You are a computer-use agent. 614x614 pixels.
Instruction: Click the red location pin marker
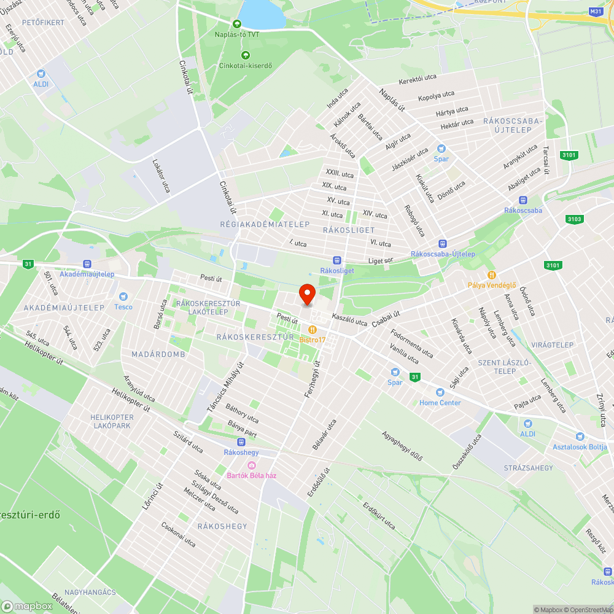(306, 294)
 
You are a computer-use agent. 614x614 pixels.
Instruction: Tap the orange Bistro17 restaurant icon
(313, 329)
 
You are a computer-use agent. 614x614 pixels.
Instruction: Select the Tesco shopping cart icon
(123, 296)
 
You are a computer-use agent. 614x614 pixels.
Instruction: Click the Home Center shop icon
(440, 392)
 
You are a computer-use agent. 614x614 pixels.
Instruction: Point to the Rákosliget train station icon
(336, 260)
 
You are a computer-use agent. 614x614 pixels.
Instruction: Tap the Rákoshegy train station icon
(241, 442)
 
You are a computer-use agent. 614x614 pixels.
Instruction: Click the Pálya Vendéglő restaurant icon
(491, 274)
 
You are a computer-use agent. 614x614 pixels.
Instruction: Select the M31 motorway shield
(595, 12)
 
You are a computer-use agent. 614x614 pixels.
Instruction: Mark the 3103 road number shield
(575, 219)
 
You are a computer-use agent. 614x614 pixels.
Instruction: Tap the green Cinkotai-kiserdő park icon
(245, 55)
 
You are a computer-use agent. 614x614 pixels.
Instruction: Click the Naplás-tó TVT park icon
(236, 24)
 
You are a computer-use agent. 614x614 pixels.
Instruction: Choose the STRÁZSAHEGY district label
(528, 468)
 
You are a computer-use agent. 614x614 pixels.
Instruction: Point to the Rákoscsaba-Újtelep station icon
(441, 244)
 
